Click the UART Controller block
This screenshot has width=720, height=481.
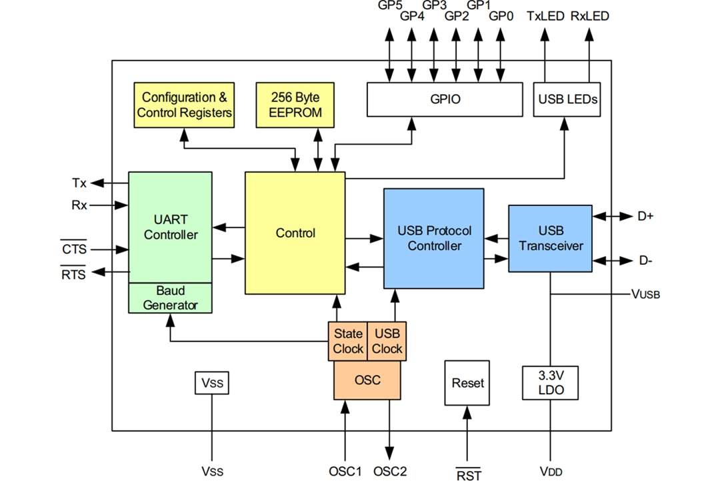tap(171, 227)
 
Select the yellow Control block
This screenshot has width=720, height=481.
tap(295, 233)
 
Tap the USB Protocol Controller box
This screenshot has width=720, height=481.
tap(434, 238)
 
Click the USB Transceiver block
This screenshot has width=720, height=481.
tap(550, 238)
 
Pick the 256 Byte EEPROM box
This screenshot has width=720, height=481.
tap(295, 105)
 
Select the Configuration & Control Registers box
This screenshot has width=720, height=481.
tap(185, 105)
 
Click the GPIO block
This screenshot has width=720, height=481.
tap(445, 99)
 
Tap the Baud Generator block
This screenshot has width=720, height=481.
tap(171, 298)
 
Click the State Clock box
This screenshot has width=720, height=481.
tap(348, 341)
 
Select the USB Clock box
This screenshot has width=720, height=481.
tap(387, 341)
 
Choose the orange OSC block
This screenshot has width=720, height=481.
tap(367, 380)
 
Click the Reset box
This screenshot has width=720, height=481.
tap(467, 383)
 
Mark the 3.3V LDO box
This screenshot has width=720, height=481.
tap(550, 383)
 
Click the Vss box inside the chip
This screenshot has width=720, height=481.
tap(212, 384)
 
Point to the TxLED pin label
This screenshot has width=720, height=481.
tap(545, 16)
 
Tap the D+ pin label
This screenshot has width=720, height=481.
tap(645, 216)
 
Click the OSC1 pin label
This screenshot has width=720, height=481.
tap(345, 471)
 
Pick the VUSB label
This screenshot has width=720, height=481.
tap(645, 294)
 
